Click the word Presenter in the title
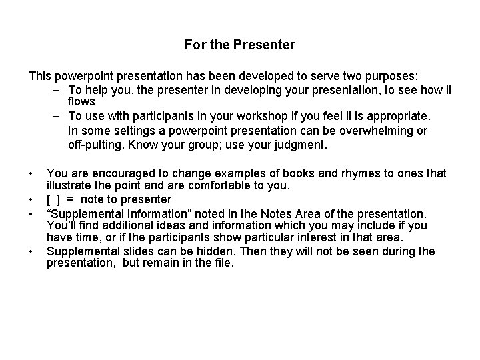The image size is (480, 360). pyautogui.click(x=265, y=45)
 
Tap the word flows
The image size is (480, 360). pyautogui.click(x=81, y=102)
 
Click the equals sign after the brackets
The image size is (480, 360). pyautogui.click(x=70, y=199)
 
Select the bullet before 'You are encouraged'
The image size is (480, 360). pyautogui.click(x=31, y=174)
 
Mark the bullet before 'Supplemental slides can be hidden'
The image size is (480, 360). pyautogui.click(x=31, y=251)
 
